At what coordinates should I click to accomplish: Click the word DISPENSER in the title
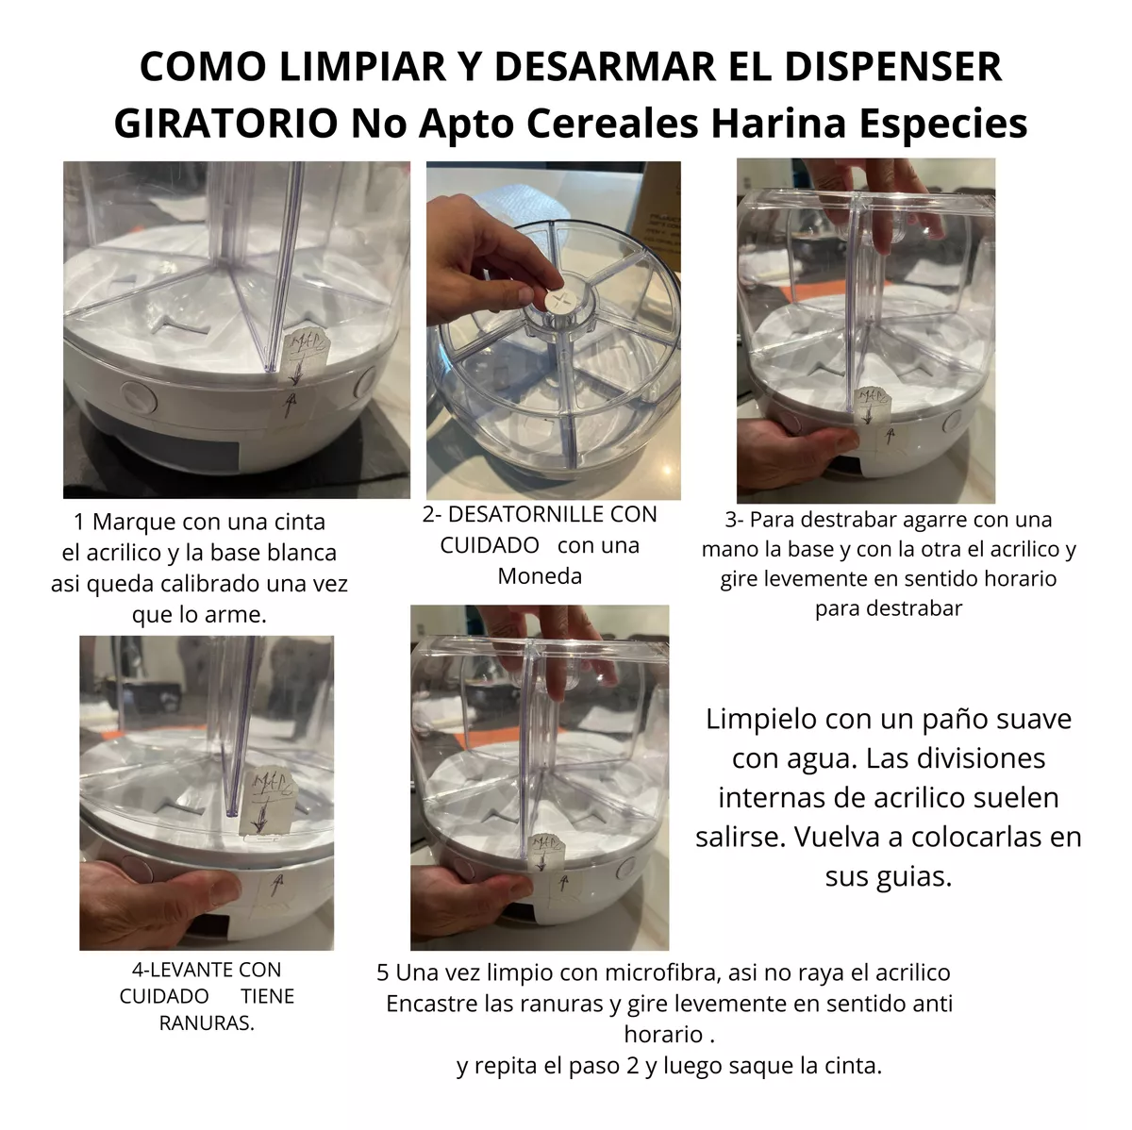[x=893, y=66]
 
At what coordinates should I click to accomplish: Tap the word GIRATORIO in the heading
[x=226, y=124]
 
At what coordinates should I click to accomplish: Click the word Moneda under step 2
[x=540, y=576]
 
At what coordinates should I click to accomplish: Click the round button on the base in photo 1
[x=138, y=398]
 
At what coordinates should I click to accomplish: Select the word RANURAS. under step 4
[x=207, y=1023]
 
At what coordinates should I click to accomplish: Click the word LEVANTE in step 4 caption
[x=185, y=969]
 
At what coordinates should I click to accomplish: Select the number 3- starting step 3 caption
[x=734, y=520]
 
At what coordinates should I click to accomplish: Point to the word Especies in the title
[x=943, y=124]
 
